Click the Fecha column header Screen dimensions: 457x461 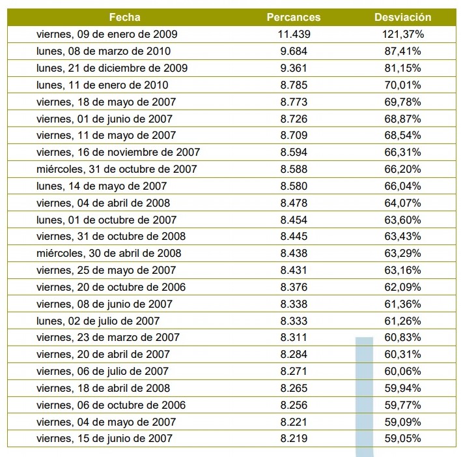tap(124, 17)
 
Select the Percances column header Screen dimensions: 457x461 tap(294, 17)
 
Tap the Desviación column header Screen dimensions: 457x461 tap(402, 17)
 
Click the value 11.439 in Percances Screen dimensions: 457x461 tap(294, 34)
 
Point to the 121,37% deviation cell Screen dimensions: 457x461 tap(402, 34)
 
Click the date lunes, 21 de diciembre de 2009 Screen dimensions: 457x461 tap(112, 68)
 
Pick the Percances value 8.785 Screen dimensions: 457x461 tap(294, 85)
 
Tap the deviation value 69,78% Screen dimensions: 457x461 tap(402, 102)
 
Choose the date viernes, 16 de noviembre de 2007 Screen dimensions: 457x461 tap(118, 152)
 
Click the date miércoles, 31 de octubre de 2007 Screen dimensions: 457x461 tap(117, 169)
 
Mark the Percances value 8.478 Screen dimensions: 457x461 tap(294, 203)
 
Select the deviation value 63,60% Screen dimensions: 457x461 tap(402, 220)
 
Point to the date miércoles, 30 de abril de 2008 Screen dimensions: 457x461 tap(109, 253)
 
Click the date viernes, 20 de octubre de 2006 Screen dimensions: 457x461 tap(111, 287)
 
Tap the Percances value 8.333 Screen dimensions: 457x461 tap(294, 321)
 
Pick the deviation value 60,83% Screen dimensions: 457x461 tap(402, 337)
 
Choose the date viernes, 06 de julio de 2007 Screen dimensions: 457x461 tap(102, 371)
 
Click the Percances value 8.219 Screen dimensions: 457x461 tap(294, 438)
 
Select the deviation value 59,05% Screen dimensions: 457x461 tap(402, 438)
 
